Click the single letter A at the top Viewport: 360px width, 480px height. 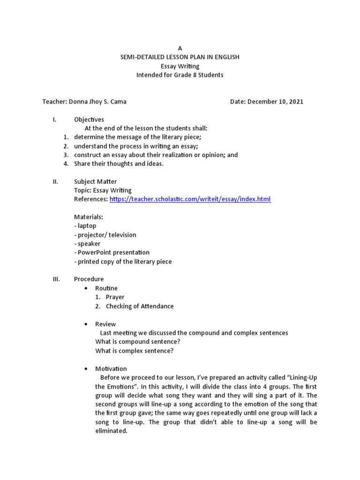180,48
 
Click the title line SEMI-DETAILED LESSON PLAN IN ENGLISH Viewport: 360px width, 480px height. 180,57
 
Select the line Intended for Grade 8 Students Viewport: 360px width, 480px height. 180,75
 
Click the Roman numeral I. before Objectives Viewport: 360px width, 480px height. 55,120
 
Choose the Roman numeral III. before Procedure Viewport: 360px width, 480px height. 56,279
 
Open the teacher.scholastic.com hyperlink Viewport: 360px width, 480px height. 190,199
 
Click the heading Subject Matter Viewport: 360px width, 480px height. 96,181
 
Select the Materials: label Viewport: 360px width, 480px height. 89,217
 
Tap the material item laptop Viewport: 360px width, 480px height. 85,226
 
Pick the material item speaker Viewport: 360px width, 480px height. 87,244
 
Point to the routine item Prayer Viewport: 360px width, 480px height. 115,297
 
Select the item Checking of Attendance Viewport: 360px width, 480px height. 140,306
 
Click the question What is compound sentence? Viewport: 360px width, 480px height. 138,342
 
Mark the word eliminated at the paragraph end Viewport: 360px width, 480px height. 111,431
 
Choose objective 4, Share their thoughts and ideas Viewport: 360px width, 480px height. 119,164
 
